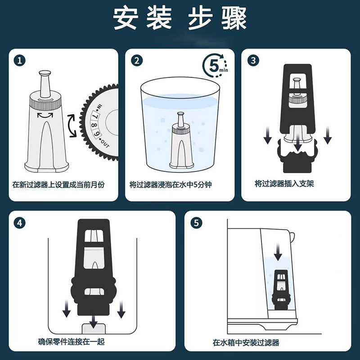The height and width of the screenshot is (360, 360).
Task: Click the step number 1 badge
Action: coord(20,61)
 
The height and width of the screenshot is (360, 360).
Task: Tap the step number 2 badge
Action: coord(137,61)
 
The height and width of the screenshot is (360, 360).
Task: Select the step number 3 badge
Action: coord(253,61)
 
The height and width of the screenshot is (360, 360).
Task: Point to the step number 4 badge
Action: coord(20,223)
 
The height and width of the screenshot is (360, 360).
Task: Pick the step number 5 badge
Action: coord(197,223)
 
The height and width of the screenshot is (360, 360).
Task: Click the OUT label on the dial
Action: coord(104,143)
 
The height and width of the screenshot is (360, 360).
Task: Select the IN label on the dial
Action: coord(99,108)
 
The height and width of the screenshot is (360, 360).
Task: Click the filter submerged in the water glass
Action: coord(181,140)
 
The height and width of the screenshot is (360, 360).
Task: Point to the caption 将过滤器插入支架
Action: coord(284,184)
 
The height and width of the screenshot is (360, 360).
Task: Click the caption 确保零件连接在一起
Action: coord(72,342)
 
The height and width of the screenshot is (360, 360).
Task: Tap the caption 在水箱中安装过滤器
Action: coord(246,343)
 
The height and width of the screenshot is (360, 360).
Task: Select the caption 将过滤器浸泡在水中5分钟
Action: coord(171,184)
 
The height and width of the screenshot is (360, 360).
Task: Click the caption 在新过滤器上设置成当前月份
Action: coord(58,184)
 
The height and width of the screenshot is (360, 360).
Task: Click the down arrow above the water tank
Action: coord(278,252)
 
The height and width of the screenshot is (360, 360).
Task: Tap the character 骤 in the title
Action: coord(234,18)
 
